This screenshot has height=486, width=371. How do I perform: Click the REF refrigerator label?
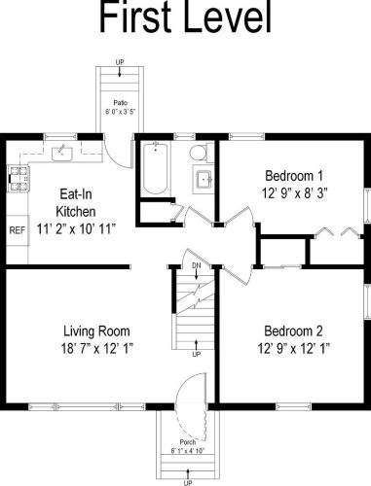click(x=18, y=230)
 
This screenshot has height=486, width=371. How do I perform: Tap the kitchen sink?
click(x=62, y=154)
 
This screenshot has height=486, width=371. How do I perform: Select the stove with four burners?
click(x=19, y=179)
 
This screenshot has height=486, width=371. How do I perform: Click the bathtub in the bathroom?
click(x=156, y=168)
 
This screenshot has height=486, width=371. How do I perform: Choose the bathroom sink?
click(x=204, y=179)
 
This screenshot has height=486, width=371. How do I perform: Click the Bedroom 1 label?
click(x=294, y=176)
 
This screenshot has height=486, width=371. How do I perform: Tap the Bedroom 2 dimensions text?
click(x=294, y=349)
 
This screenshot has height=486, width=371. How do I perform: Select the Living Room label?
click(x=96, y=331)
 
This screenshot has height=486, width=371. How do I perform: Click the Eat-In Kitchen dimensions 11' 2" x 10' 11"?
click(x=76, y=229)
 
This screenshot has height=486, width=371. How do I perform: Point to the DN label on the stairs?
click(x=197, y=265)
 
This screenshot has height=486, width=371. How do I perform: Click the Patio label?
click(x=120, y=103)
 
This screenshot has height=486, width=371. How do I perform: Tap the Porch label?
click(x=188, y=442)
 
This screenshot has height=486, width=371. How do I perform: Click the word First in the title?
click(x=135, y=17)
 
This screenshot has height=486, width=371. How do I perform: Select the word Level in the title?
click(x=227, y=17)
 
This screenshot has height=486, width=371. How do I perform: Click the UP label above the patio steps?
click(x=120, y=62)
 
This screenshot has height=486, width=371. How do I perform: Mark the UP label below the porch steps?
click(x=188, y=483)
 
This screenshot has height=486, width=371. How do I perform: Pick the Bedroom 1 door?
click(x=241, y=215)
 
